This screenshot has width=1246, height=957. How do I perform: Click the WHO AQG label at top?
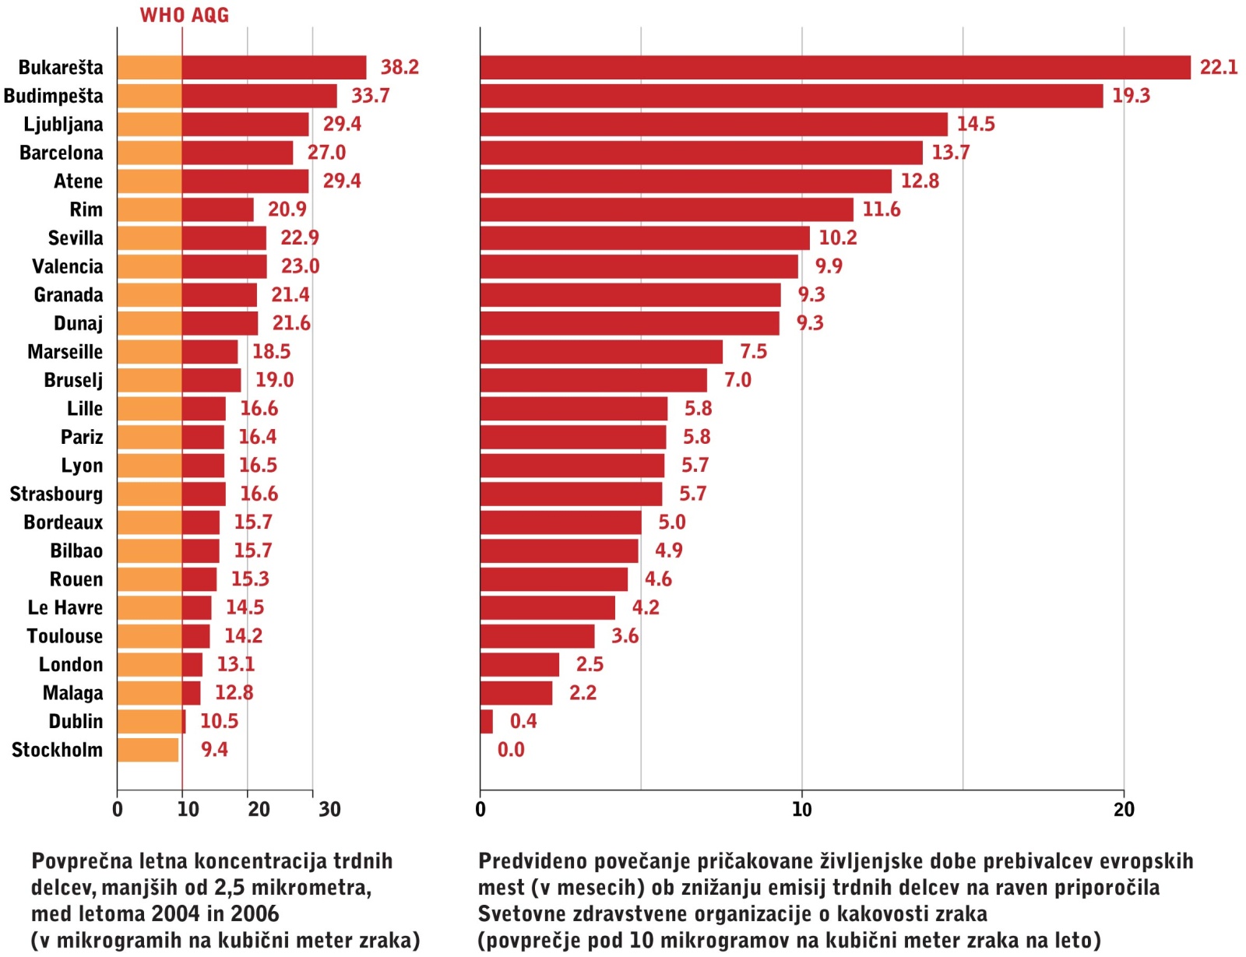pos(185,16)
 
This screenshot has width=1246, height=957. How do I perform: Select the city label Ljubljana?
pos(63,125)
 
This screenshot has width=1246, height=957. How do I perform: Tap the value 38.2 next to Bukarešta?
pos(399,68)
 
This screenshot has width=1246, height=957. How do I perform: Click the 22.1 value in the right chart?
pos(1218,68)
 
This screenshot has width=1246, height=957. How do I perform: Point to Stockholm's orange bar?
pos(148,750)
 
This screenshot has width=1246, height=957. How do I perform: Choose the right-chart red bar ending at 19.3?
pos(791,97)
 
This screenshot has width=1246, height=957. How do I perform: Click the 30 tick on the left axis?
pos(329,810)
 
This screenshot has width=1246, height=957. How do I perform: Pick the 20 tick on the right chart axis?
pos(1124,810)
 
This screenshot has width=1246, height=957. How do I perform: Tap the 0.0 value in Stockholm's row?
pos(511,750)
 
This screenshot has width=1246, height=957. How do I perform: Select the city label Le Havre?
pos(65,608)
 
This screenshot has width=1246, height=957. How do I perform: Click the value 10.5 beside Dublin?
pos(219,722)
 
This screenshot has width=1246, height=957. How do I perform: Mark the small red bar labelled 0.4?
pos(487,722)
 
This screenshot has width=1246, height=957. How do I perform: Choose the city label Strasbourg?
pos(56,494)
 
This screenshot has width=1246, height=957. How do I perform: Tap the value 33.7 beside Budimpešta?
pos(370,97)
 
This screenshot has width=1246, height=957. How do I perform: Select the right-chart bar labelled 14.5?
pos(713,125)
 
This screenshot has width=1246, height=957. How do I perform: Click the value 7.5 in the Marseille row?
pos(753,352)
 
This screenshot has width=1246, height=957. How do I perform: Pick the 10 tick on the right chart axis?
pos(801,810)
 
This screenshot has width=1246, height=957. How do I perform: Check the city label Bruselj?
pos(73,381)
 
